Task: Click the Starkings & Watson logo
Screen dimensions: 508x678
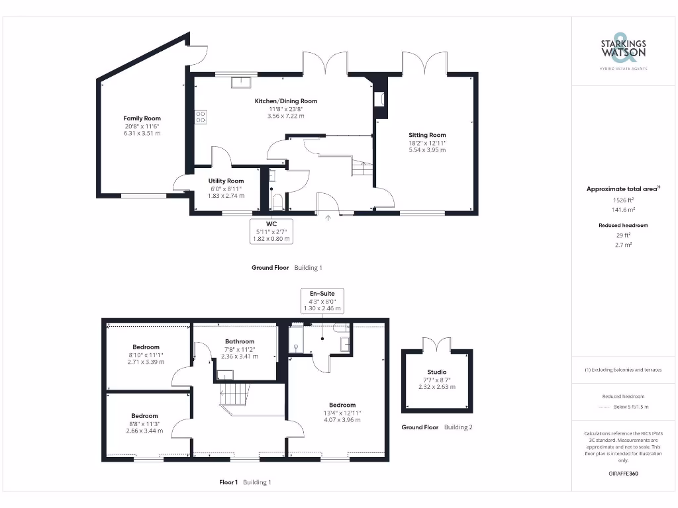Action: coord(623,50)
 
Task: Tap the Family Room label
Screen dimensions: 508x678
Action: coord(142,118)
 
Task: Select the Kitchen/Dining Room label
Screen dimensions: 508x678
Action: coord(286,101)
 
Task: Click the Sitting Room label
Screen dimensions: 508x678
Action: coord(427,135)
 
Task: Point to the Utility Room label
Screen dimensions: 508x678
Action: coord(226,181)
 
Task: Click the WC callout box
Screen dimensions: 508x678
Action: coord(271,231)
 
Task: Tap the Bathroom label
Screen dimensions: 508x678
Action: coord(239,341)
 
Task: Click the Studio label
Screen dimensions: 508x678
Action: coord(436,372)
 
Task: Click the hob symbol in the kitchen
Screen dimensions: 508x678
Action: coord(201,116)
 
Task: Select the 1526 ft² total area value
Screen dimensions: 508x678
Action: coord(623,199)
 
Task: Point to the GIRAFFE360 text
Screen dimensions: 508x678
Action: coord(623,474)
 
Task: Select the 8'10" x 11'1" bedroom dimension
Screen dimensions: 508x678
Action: coord(146,355)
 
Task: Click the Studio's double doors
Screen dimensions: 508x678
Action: coord(436,344)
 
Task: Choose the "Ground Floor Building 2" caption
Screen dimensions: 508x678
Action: coord(436,427)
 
